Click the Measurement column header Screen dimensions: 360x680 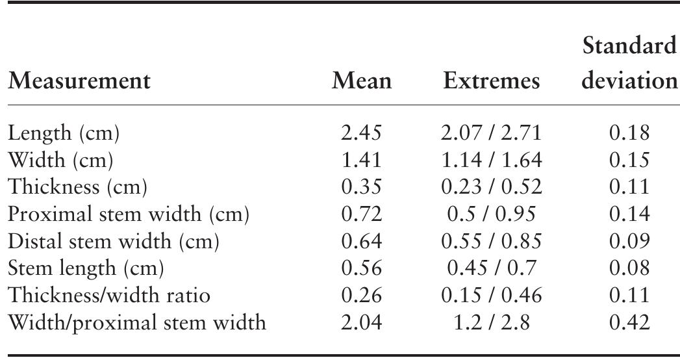(79, 81)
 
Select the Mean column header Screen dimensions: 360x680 (362, 81)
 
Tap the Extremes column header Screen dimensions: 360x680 (491, 81)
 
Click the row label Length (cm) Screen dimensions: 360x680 (64, 133)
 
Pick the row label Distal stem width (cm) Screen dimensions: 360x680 (114, 241)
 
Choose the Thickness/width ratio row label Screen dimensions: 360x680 (108, 295)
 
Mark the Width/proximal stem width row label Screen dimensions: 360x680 (136, 322)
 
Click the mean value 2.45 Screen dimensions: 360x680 (362, 133)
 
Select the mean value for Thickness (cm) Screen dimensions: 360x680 (362, 187)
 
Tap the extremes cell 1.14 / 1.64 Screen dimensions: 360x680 (491, 161)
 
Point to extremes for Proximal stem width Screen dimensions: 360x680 (491, 214)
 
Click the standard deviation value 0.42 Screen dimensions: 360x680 (629, 322)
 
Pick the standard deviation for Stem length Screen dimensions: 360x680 (629, 268)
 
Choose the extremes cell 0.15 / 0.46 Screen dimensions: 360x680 (491, 295)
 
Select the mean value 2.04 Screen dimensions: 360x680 (362, 322)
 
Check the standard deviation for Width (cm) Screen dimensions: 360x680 (629, 161)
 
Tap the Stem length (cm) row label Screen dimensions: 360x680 (85, 268)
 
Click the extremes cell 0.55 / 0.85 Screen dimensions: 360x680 (491, 241)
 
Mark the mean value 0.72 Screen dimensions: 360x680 (362, 214)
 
